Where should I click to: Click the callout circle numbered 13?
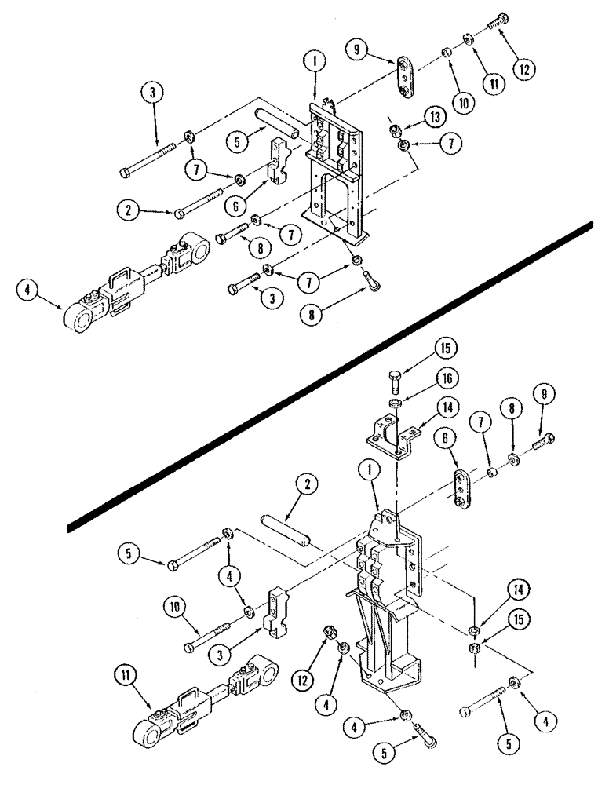[432, 117]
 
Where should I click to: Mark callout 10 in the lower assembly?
[172, 606]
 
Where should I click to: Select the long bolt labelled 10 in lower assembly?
[207, 637]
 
